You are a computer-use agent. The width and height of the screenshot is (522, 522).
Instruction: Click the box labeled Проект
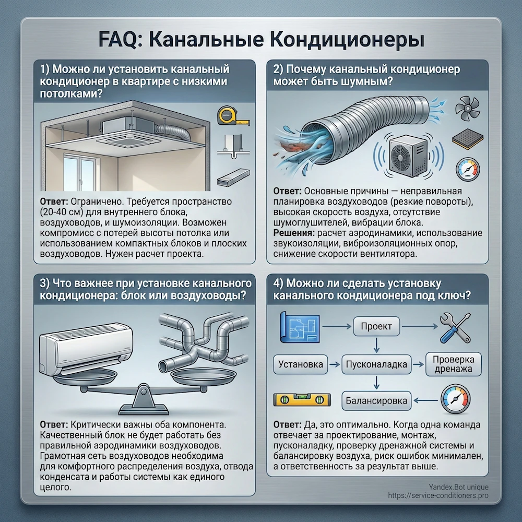point(376,327)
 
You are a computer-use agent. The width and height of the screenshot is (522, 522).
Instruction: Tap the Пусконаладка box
point(376,364)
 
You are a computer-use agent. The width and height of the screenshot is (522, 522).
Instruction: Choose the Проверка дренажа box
point(453,364)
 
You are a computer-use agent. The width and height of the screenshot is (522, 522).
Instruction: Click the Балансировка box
point(377,401)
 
